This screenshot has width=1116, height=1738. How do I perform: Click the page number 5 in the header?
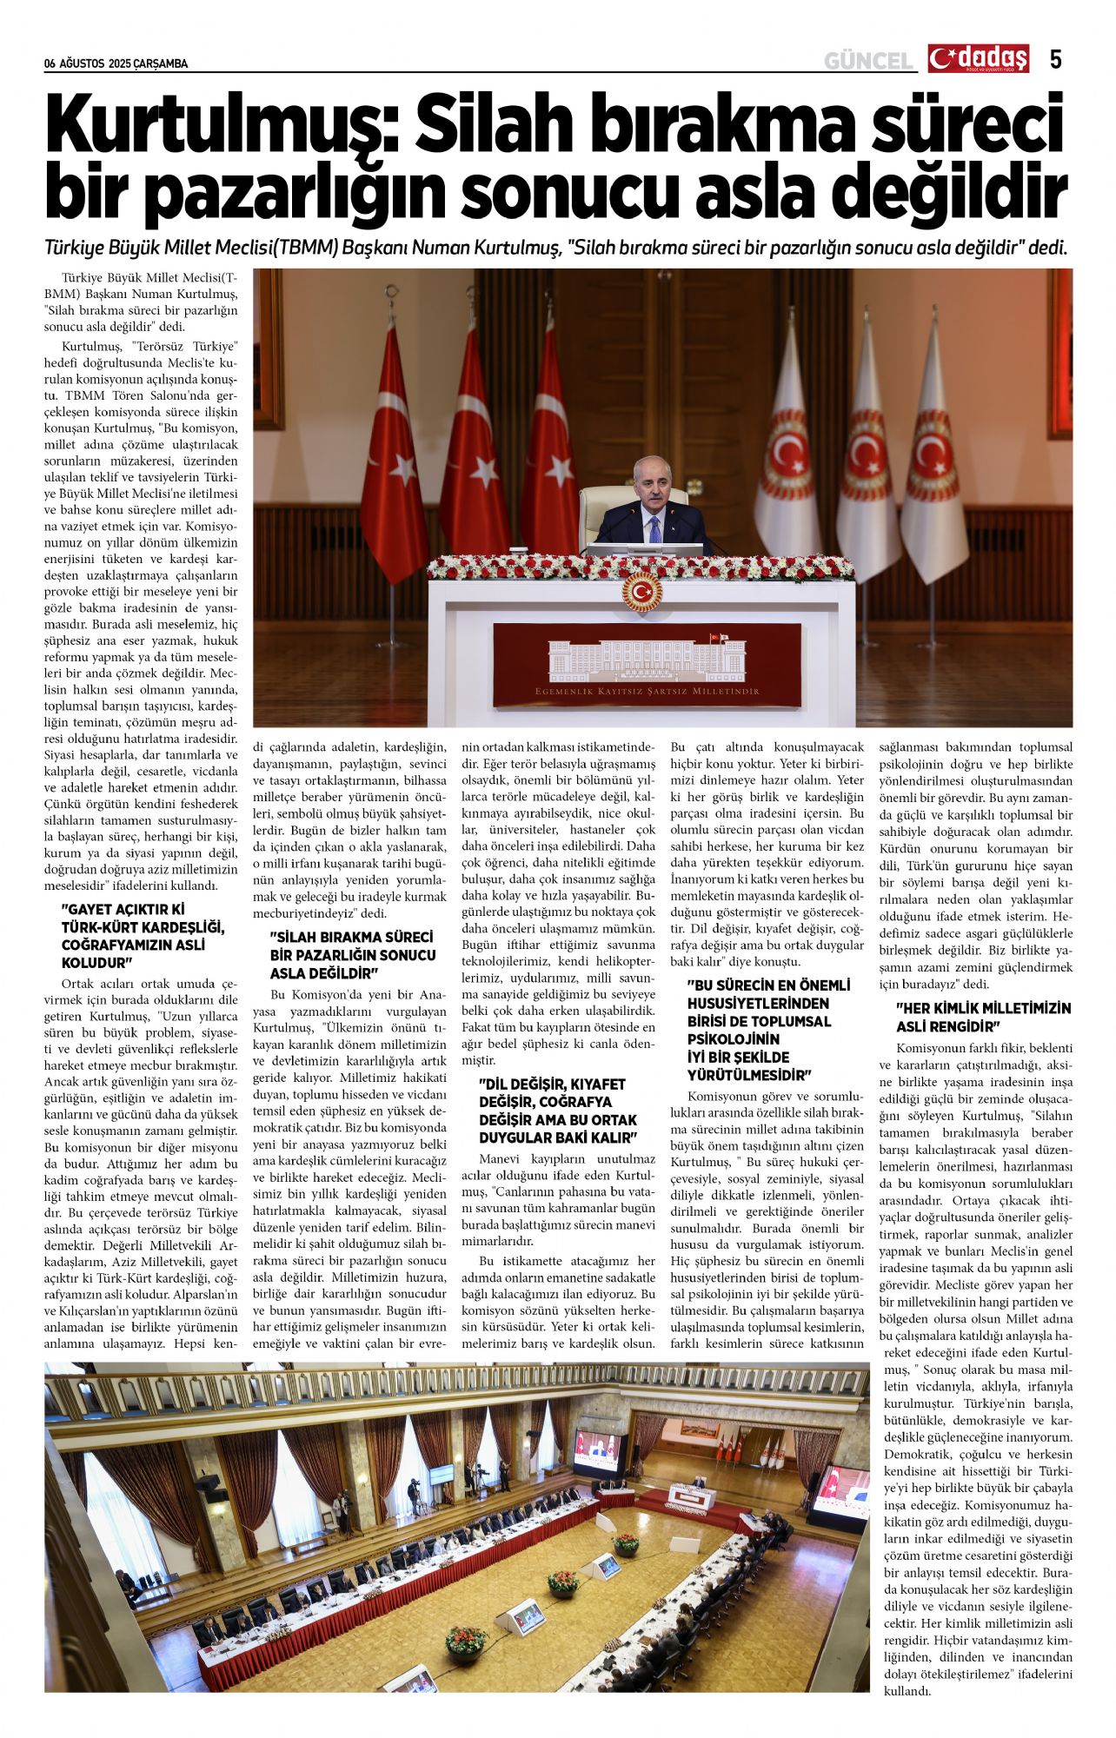(x=1055, y=59)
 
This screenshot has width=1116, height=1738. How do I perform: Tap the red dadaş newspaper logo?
(x=978, y=58)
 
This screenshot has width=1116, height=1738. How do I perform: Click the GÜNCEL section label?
(x=868, y=61)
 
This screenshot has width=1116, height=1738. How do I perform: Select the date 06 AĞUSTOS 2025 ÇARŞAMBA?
(x=116, y=63)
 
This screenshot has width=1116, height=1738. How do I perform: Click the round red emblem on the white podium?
(x=641, y=592)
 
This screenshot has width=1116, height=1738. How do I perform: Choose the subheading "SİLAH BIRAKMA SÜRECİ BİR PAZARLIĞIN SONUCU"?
(x=352, y=955)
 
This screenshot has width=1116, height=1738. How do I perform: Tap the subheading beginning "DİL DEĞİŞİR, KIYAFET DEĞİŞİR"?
(x=557, y=1111)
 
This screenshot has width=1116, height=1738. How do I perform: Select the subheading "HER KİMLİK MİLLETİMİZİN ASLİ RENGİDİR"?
(x=983, y=1018)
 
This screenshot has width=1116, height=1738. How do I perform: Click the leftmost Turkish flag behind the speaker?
(x=394, y=452)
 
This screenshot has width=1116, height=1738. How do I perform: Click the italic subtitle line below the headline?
(x=556, y=249)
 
